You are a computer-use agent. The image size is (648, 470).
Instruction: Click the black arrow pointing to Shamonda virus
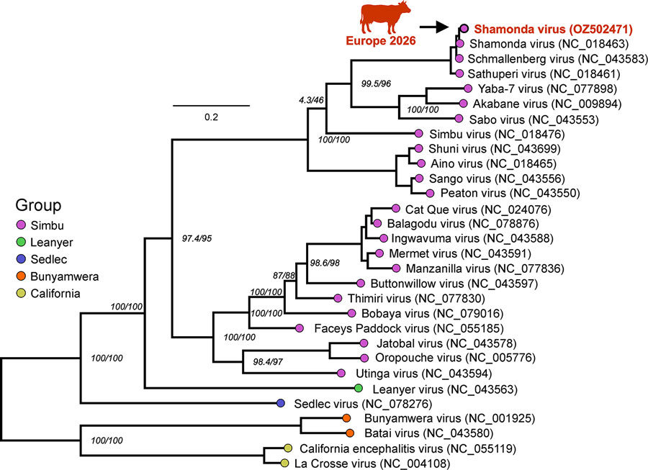click(x=434, y=27)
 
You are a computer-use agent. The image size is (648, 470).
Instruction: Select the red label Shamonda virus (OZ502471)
click(x=554, y=29)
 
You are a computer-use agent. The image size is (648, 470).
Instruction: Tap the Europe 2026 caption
click(x=381, y=40)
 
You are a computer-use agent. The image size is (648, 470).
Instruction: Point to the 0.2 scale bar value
click(x=211, y=117)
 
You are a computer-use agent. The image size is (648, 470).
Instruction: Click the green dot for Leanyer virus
click(x=359, y=388)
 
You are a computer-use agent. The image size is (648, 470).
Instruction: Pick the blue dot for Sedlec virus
click(x=281, y=402)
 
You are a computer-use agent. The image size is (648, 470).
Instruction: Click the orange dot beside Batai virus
click(x=350, y=433)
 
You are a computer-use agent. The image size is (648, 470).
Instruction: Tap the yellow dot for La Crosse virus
click(x=284, y=463)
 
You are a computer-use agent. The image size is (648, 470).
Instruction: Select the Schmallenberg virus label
click(x=557, y=59)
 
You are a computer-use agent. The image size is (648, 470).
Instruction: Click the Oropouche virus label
click(x=455, y=358)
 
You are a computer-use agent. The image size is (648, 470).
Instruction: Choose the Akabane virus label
click(x=546, y=104)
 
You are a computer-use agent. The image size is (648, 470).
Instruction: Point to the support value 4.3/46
click(x=311, y=100)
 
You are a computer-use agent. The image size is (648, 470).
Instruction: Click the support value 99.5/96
click(x=376, y=83)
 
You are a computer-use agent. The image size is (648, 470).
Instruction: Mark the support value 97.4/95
click(x=197, y=238)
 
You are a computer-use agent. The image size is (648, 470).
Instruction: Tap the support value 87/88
click(x=284, y=276)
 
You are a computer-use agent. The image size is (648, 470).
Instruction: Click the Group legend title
click(x=38, y=205)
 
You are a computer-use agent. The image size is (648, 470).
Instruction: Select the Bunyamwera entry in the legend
click(x=65, y=276)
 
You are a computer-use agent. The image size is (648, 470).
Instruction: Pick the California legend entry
click(x=55, y=293)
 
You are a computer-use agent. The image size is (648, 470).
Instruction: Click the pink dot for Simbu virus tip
click(x=418, y=133)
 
